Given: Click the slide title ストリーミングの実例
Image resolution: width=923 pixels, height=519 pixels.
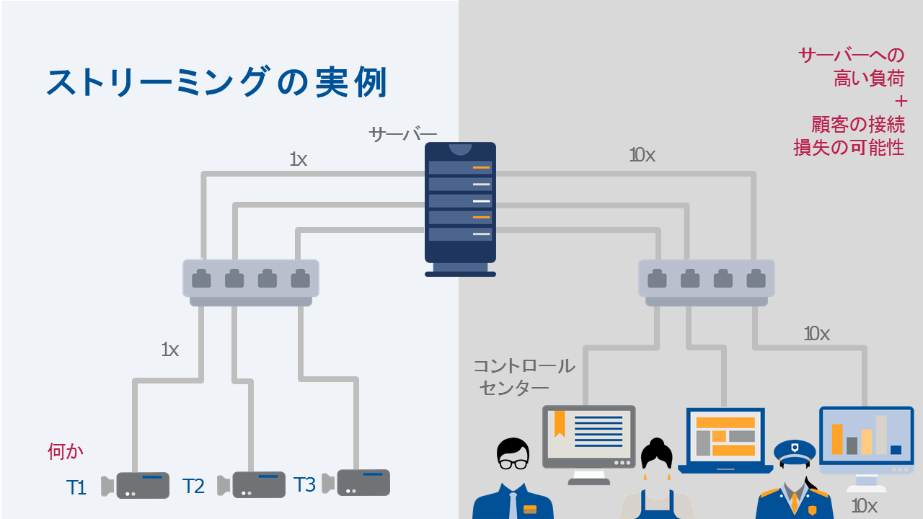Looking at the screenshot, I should tap(216, 82).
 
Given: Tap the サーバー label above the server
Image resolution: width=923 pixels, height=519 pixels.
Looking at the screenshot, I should tap(402, 135).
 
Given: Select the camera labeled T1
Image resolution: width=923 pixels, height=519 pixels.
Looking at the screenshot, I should tap(137, 485).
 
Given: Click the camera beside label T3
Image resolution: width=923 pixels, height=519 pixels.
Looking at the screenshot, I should tap(358, 482).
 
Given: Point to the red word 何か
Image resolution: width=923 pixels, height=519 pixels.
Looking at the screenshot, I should tap(66, 452).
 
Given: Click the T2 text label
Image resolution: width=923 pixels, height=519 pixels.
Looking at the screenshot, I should tap(193, 486).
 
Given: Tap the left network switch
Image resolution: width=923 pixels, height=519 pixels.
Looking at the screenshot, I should tap(250, 280).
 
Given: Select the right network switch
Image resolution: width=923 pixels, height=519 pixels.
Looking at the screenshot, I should tap(706, 280).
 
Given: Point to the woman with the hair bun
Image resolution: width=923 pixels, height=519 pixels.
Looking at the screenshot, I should tap(656, 479).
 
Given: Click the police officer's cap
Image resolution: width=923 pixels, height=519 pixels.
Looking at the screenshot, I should tap(795, 451).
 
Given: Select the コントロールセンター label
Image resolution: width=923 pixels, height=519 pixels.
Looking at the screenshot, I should tap(524, 376).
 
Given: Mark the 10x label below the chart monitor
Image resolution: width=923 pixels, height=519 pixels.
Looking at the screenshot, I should tap(864, 505).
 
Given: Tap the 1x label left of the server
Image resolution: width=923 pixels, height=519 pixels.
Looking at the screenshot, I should tap(298, 159).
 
